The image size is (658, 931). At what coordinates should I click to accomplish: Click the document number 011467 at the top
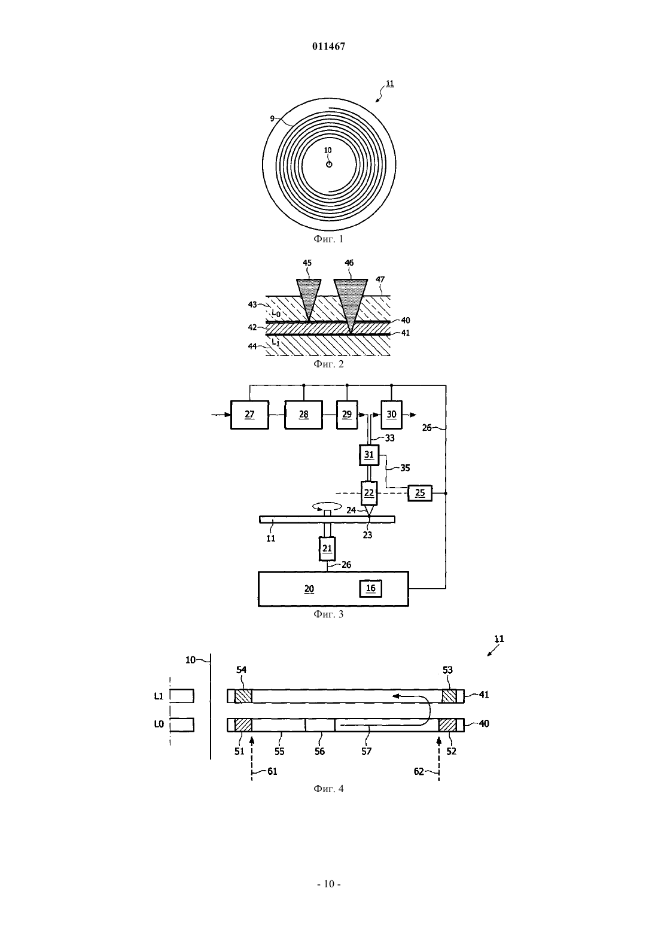(x=328, y=47)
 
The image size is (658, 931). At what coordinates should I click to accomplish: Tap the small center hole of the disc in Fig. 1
(x=329, y=165)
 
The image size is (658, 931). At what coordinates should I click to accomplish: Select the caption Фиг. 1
(x=328, y=239)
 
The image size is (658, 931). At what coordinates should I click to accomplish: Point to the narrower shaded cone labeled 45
(x=309, y=299)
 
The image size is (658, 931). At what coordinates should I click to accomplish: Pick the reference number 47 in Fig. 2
(x=380, y=279)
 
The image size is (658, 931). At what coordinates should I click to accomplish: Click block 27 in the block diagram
(x=249, y=415)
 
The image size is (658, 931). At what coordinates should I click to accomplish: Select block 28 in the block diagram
(x=304, y=415)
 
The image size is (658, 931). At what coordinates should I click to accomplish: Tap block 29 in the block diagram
(x=347, y=415)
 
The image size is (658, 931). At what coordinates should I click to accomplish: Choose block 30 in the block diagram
(x=392, y=415)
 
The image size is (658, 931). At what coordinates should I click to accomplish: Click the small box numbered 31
(x=369, y=455)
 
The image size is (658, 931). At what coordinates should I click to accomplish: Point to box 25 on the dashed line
(x=420, y=493)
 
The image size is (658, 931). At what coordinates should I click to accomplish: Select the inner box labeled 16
(x=370, y=588)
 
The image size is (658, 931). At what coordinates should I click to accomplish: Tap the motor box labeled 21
(x=327, y=548)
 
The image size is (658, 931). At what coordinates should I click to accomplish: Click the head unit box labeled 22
(x=369, y=493)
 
